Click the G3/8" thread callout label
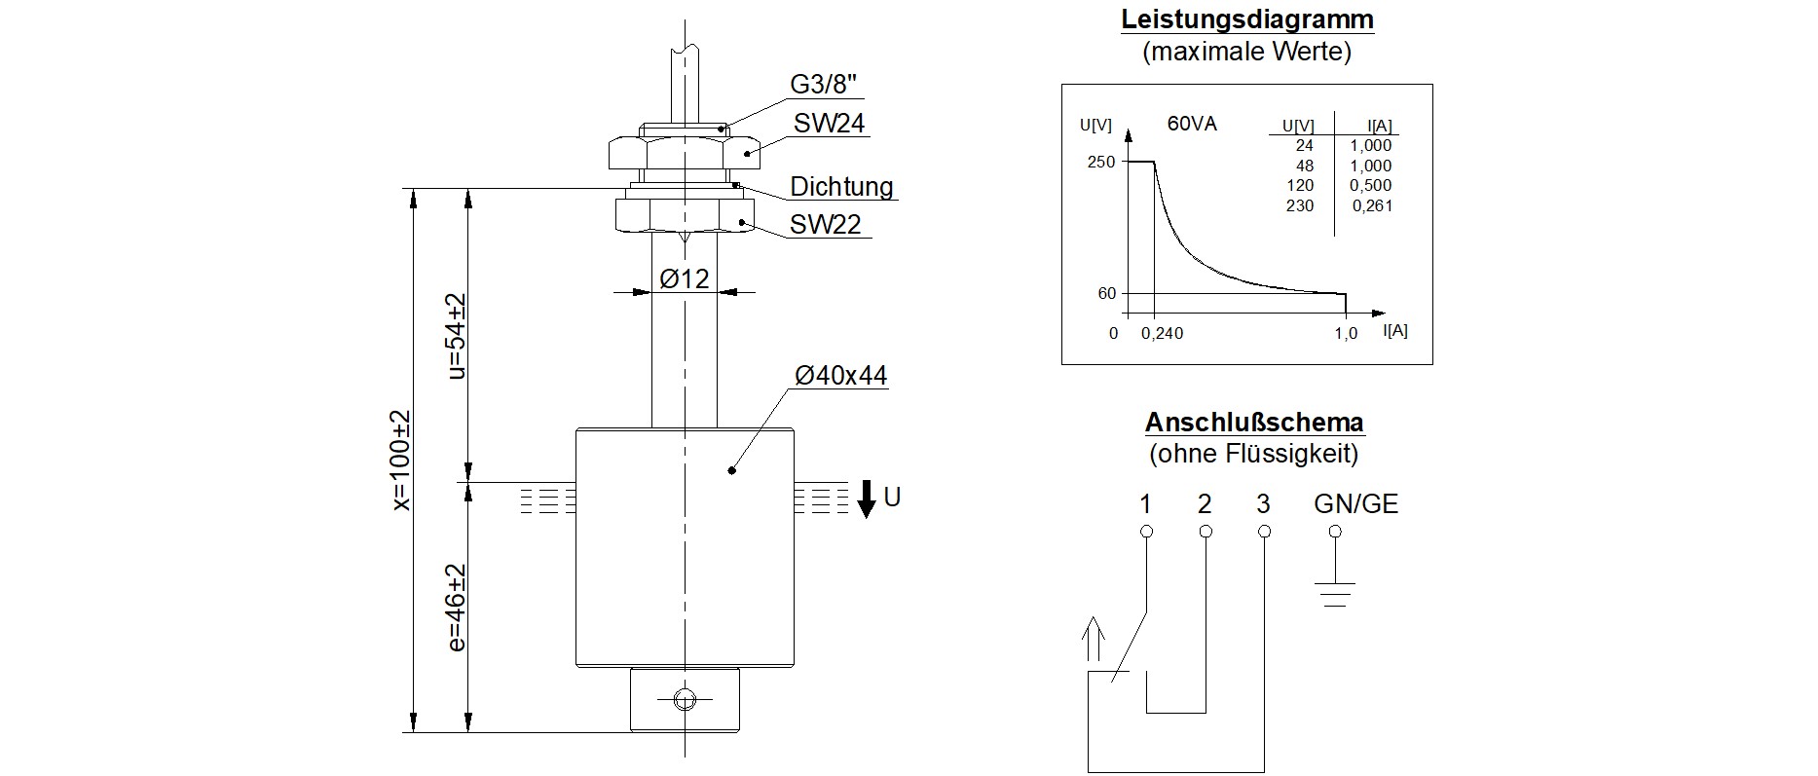click(825, 84)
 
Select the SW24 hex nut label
click(829, 124)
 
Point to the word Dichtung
click(841, 187)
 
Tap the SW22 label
click(825, 225)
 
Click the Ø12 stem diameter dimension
click(684, 279)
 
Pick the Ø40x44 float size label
click(840, 376)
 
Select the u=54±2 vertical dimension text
click(455, 336)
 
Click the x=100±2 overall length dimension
click(401, 460)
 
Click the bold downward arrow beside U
click(866, 499)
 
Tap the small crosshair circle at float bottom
click(685, 698)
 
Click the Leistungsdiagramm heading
click(1246, 19)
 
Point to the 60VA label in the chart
click(1192, 125)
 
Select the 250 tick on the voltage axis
click(1100, 162)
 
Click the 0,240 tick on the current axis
click(1162, 334)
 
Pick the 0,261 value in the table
click(1372, 206)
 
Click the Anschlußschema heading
click(1254, 423)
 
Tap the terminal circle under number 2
click(1206, 532)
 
